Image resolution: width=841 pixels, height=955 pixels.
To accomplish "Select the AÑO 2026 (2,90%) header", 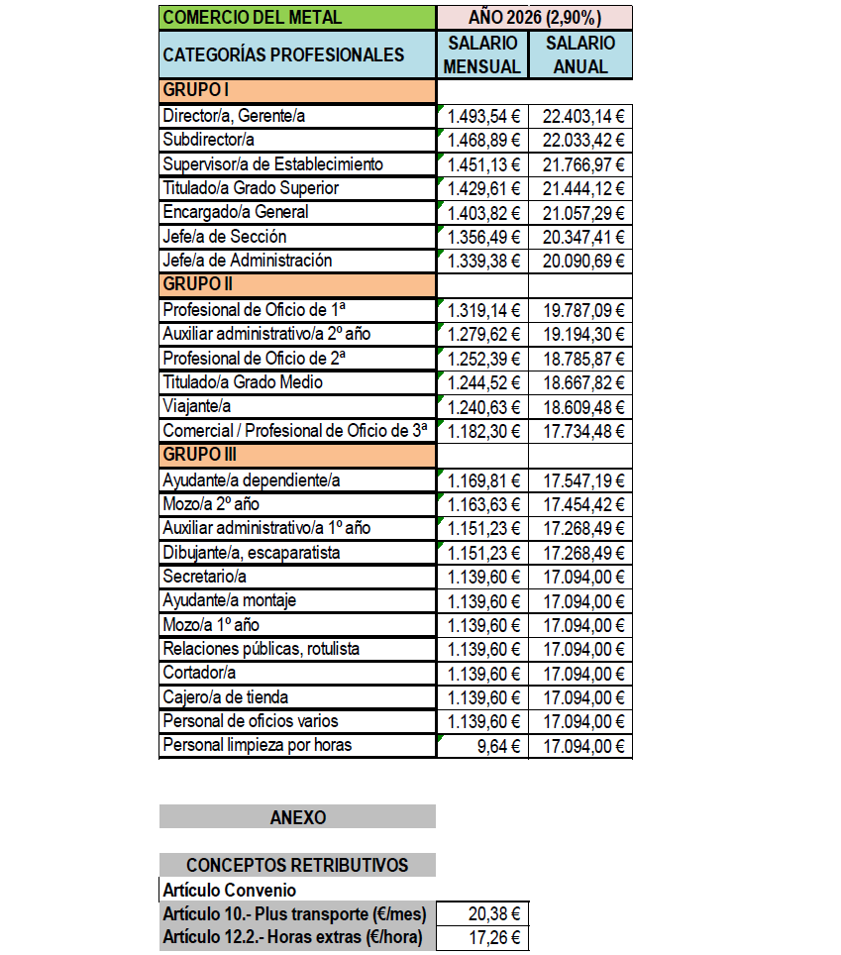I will pyautogui.click(x=534, y=17).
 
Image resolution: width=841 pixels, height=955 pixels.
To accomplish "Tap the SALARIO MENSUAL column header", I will pyautogui.click(x=482, y=54).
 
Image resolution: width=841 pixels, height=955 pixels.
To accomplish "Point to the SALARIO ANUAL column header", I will pyautogui.click(x=580, y=54).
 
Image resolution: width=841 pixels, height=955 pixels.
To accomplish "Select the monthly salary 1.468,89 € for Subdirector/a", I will pyautogui.click(x=482, y=140).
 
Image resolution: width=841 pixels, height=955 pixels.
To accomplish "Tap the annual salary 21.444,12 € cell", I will pyautogui.click(x=580, y=188).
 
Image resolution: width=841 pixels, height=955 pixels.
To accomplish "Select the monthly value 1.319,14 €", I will pyautogui.click(x=482, y=310).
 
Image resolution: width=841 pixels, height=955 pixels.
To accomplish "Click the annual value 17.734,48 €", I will pyautogui.click(x=580, y=431).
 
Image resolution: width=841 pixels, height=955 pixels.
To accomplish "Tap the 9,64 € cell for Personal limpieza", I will pyautogui.click(x=482, y=746).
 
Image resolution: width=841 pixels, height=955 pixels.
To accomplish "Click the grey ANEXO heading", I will pyautogui.click(x=297, y=817).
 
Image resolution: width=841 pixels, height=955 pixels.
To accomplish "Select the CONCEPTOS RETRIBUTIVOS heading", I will pyautogui.click(x=297, y=865).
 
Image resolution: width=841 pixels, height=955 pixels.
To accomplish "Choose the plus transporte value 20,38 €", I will pyautogui.click(x=482, y=913).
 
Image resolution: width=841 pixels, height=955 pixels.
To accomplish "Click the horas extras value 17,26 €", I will pyautogui.click(x=482, y=937).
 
